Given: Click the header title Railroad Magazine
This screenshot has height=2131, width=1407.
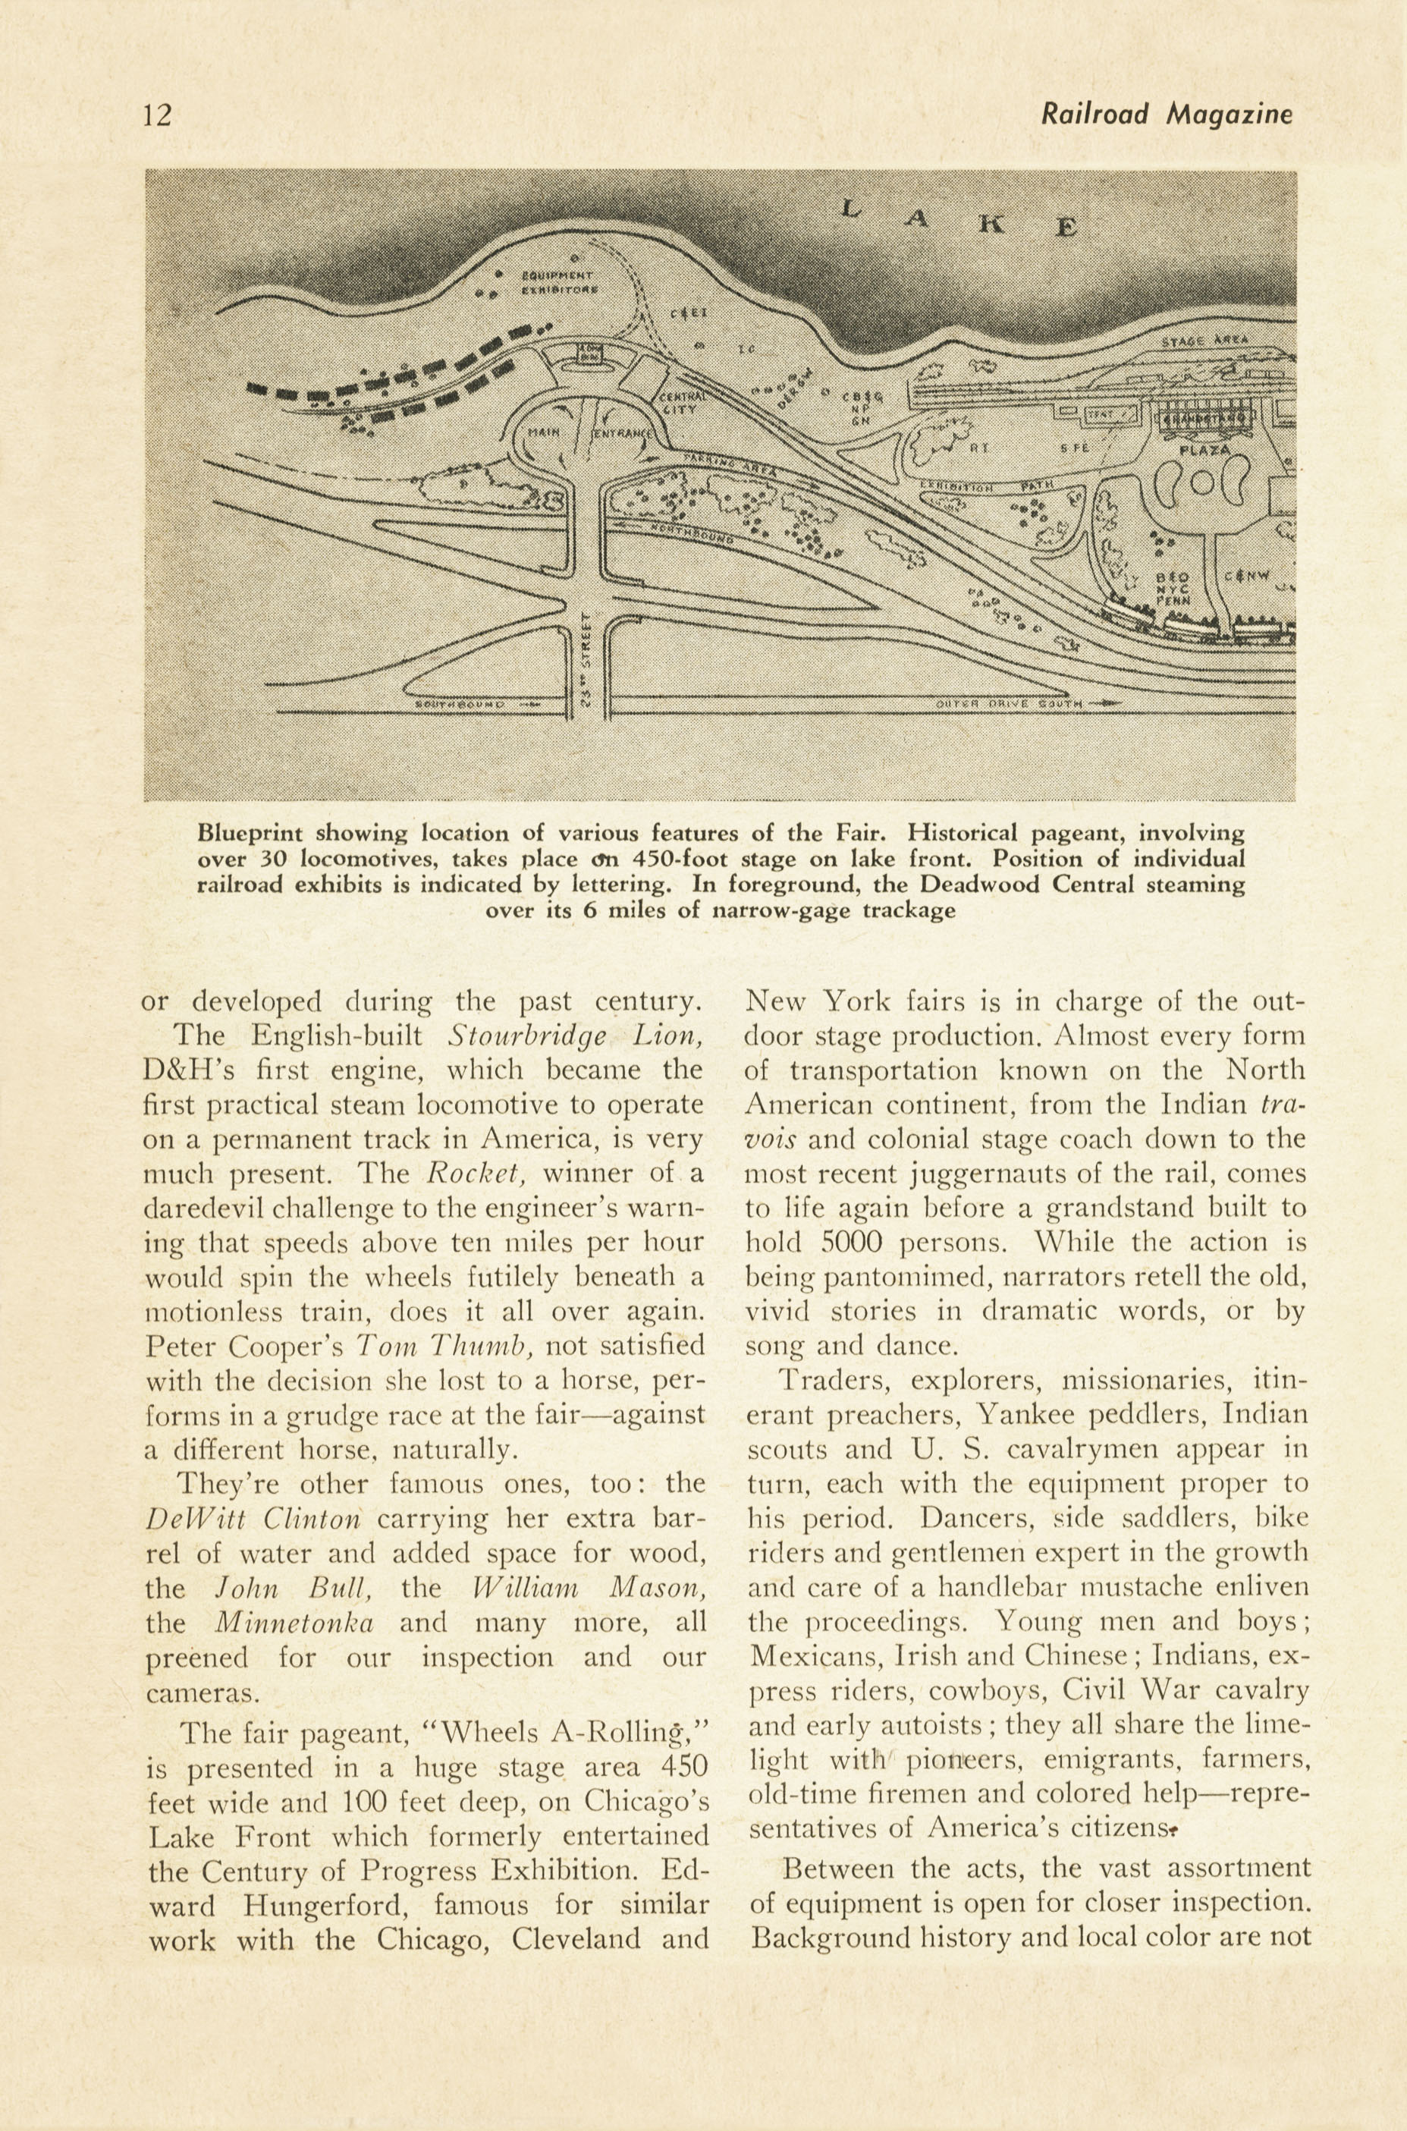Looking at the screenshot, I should point(1166,114).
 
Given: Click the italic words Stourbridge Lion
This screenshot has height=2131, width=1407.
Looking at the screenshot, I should point(574,1036).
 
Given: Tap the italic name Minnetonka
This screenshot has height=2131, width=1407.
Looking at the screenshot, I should point(294,1623).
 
